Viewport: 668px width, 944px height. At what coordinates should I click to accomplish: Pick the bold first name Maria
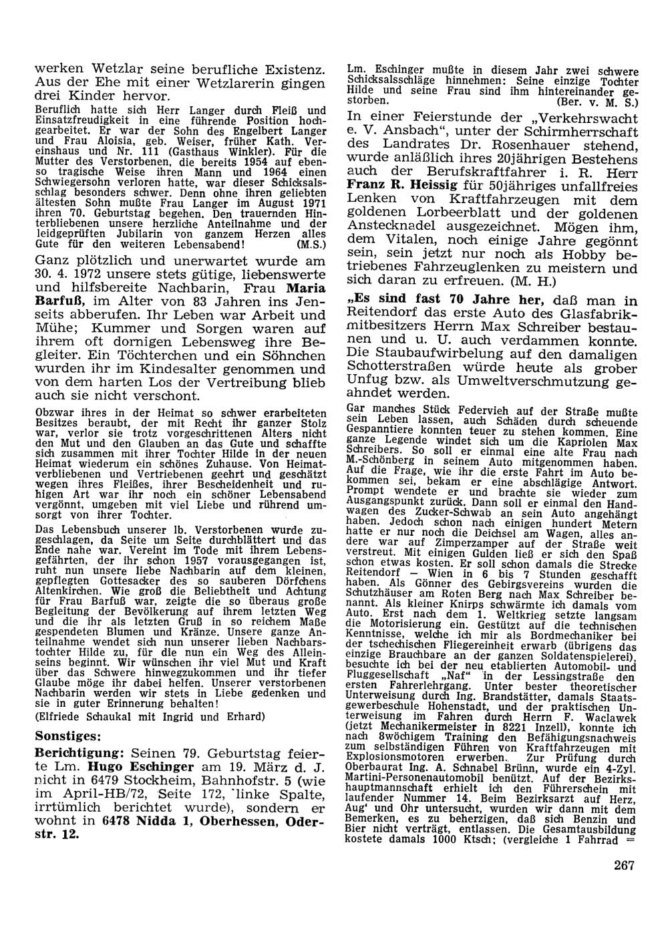307,288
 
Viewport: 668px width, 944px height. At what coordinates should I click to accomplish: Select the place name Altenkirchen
70,591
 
